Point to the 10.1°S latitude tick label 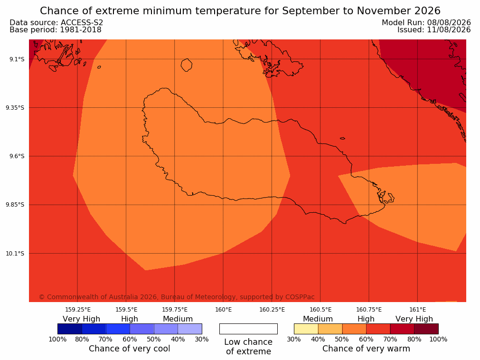point(15,254)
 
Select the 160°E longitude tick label point(224,310)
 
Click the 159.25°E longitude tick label point(78,310)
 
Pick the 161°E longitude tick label point(417,310)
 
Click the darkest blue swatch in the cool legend point(70,329)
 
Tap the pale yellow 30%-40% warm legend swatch point(306,329)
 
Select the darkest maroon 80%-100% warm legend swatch point(426,329)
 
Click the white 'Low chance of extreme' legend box point(248,329)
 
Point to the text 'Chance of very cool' point(129,349)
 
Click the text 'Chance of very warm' point(366,349)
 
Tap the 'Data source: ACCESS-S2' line point(56,23)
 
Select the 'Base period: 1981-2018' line point(56,30)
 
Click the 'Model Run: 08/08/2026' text point(426,23)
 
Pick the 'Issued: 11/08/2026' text point(434,30)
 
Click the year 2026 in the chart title point(427,11)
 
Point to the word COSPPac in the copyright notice point(300,297)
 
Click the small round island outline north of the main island point(187,65)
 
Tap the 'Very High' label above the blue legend point(82,319)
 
